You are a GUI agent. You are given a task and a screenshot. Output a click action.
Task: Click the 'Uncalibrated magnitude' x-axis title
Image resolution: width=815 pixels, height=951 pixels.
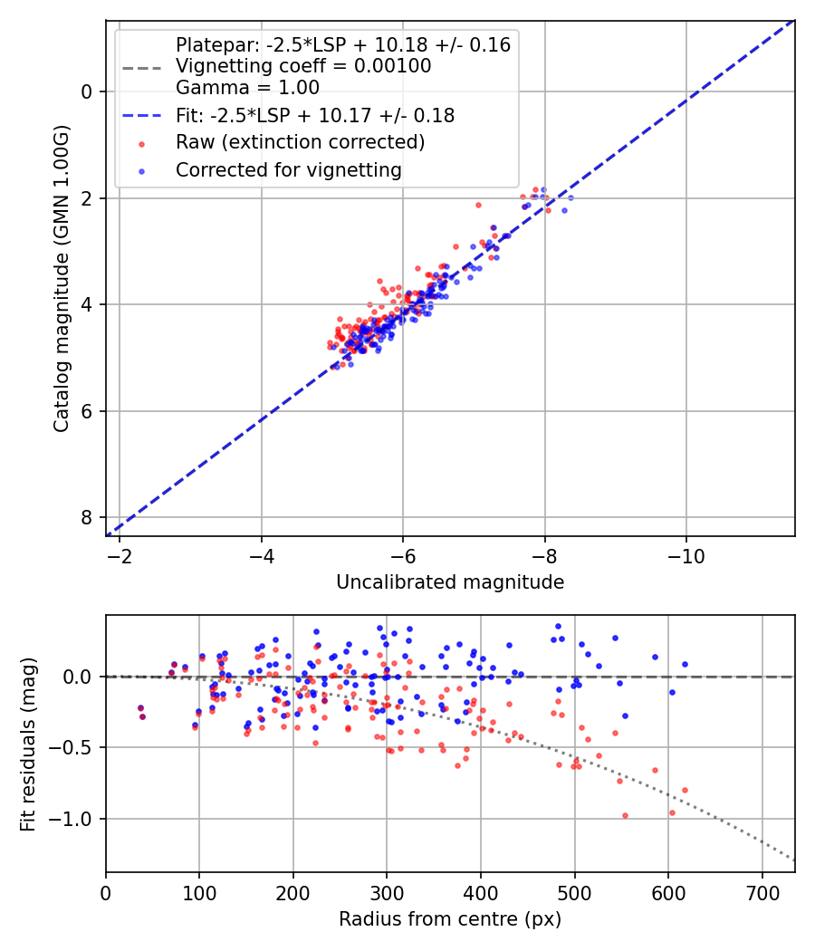[450, 582]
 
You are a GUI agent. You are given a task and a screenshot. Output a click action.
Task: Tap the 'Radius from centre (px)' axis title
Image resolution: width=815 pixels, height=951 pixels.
[450, 919]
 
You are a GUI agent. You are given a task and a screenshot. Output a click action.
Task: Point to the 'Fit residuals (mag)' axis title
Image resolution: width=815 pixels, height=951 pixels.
[28, 744]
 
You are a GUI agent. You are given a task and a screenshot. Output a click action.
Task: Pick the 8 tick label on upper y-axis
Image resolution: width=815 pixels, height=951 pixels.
[88, 517]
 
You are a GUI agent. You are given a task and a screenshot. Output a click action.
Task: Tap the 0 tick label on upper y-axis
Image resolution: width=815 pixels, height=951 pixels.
[88, 91]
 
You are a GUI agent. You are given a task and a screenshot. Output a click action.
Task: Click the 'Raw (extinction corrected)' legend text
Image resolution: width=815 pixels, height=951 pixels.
[300, 142]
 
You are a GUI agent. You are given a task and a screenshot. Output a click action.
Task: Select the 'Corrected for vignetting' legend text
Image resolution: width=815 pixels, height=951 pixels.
[288, 169]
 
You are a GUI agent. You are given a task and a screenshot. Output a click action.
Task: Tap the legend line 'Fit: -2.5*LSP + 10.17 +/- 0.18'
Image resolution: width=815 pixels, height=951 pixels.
[315, 116]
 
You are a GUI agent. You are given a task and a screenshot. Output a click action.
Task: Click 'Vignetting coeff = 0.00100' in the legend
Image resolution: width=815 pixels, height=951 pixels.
[303, 66]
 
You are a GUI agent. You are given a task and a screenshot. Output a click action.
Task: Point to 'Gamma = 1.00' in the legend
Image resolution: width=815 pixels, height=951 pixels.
[247, 88]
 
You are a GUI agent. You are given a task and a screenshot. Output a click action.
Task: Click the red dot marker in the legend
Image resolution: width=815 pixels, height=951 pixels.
[140, 143]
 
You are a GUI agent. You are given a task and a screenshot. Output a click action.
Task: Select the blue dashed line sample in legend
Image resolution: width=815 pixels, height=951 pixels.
[140, 116]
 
